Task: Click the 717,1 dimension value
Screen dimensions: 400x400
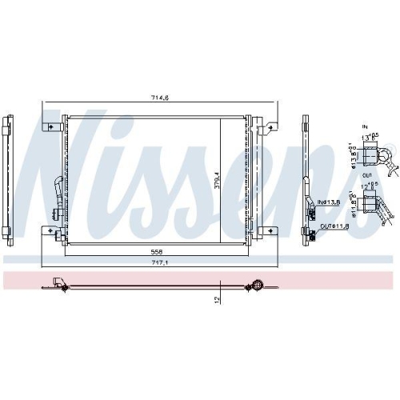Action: (x=161, y=260)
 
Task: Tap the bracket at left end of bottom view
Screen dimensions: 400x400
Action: (x=58, y=281)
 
